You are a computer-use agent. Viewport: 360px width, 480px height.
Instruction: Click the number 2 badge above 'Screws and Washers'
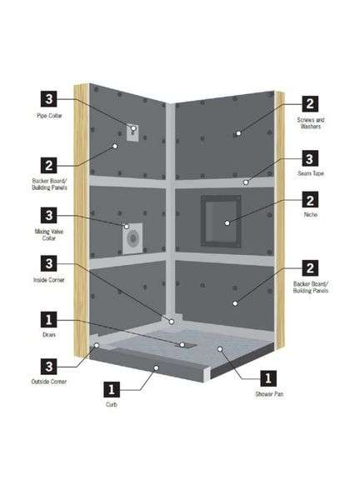point(309,104)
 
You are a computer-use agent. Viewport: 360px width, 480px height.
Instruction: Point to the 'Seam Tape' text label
point(309,173)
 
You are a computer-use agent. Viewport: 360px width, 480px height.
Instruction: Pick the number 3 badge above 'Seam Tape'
point(309,157)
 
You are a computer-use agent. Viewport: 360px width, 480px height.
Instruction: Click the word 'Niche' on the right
point(309,215)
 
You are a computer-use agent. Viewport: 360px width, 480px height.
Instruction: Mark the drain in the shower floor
point(183,343)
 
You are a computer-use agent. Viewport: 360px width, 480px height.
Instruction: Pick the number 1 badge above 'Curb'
point(110,388)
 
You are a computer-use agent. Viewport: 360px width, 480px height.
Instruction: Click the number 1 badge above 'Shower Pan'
point(270,376)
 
